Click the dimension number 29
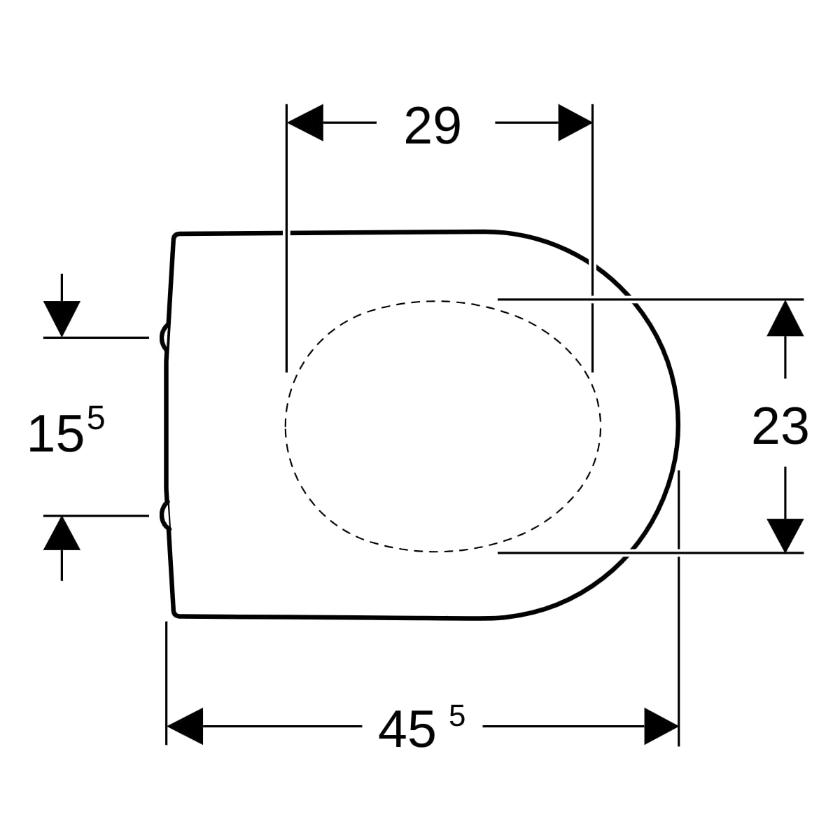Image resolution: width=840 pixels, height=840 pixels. click(x=432, y=126)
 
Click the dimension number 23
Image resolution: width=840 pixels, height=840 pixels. click(x=780, y=426)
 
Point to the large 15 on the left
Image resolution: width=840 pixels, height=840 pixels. click(x=55, y=434)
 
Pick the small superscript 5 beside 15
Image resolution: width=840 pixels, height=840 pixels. click(x=96, y=418)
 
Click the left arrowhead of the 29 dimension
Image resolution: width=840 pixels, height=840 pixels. click(x=305, y=122)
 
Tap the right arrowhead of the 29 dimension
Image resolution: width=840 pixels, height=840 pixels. click(x=575, y=122)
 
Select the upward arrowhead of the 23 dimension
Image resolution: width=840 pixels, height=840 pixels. click(x=785, y=318)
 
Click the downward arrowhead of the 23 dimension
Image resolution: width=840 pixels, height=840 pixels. click(x=785, y=535)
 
